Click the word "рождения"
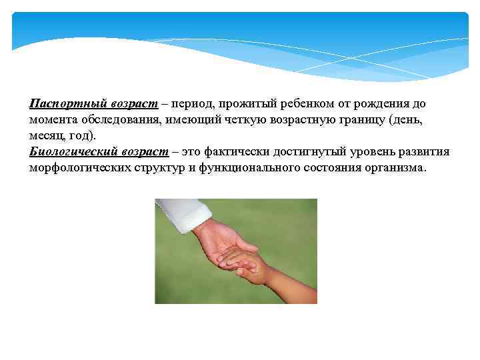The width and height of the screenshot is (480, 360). [x=380, y=104]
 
